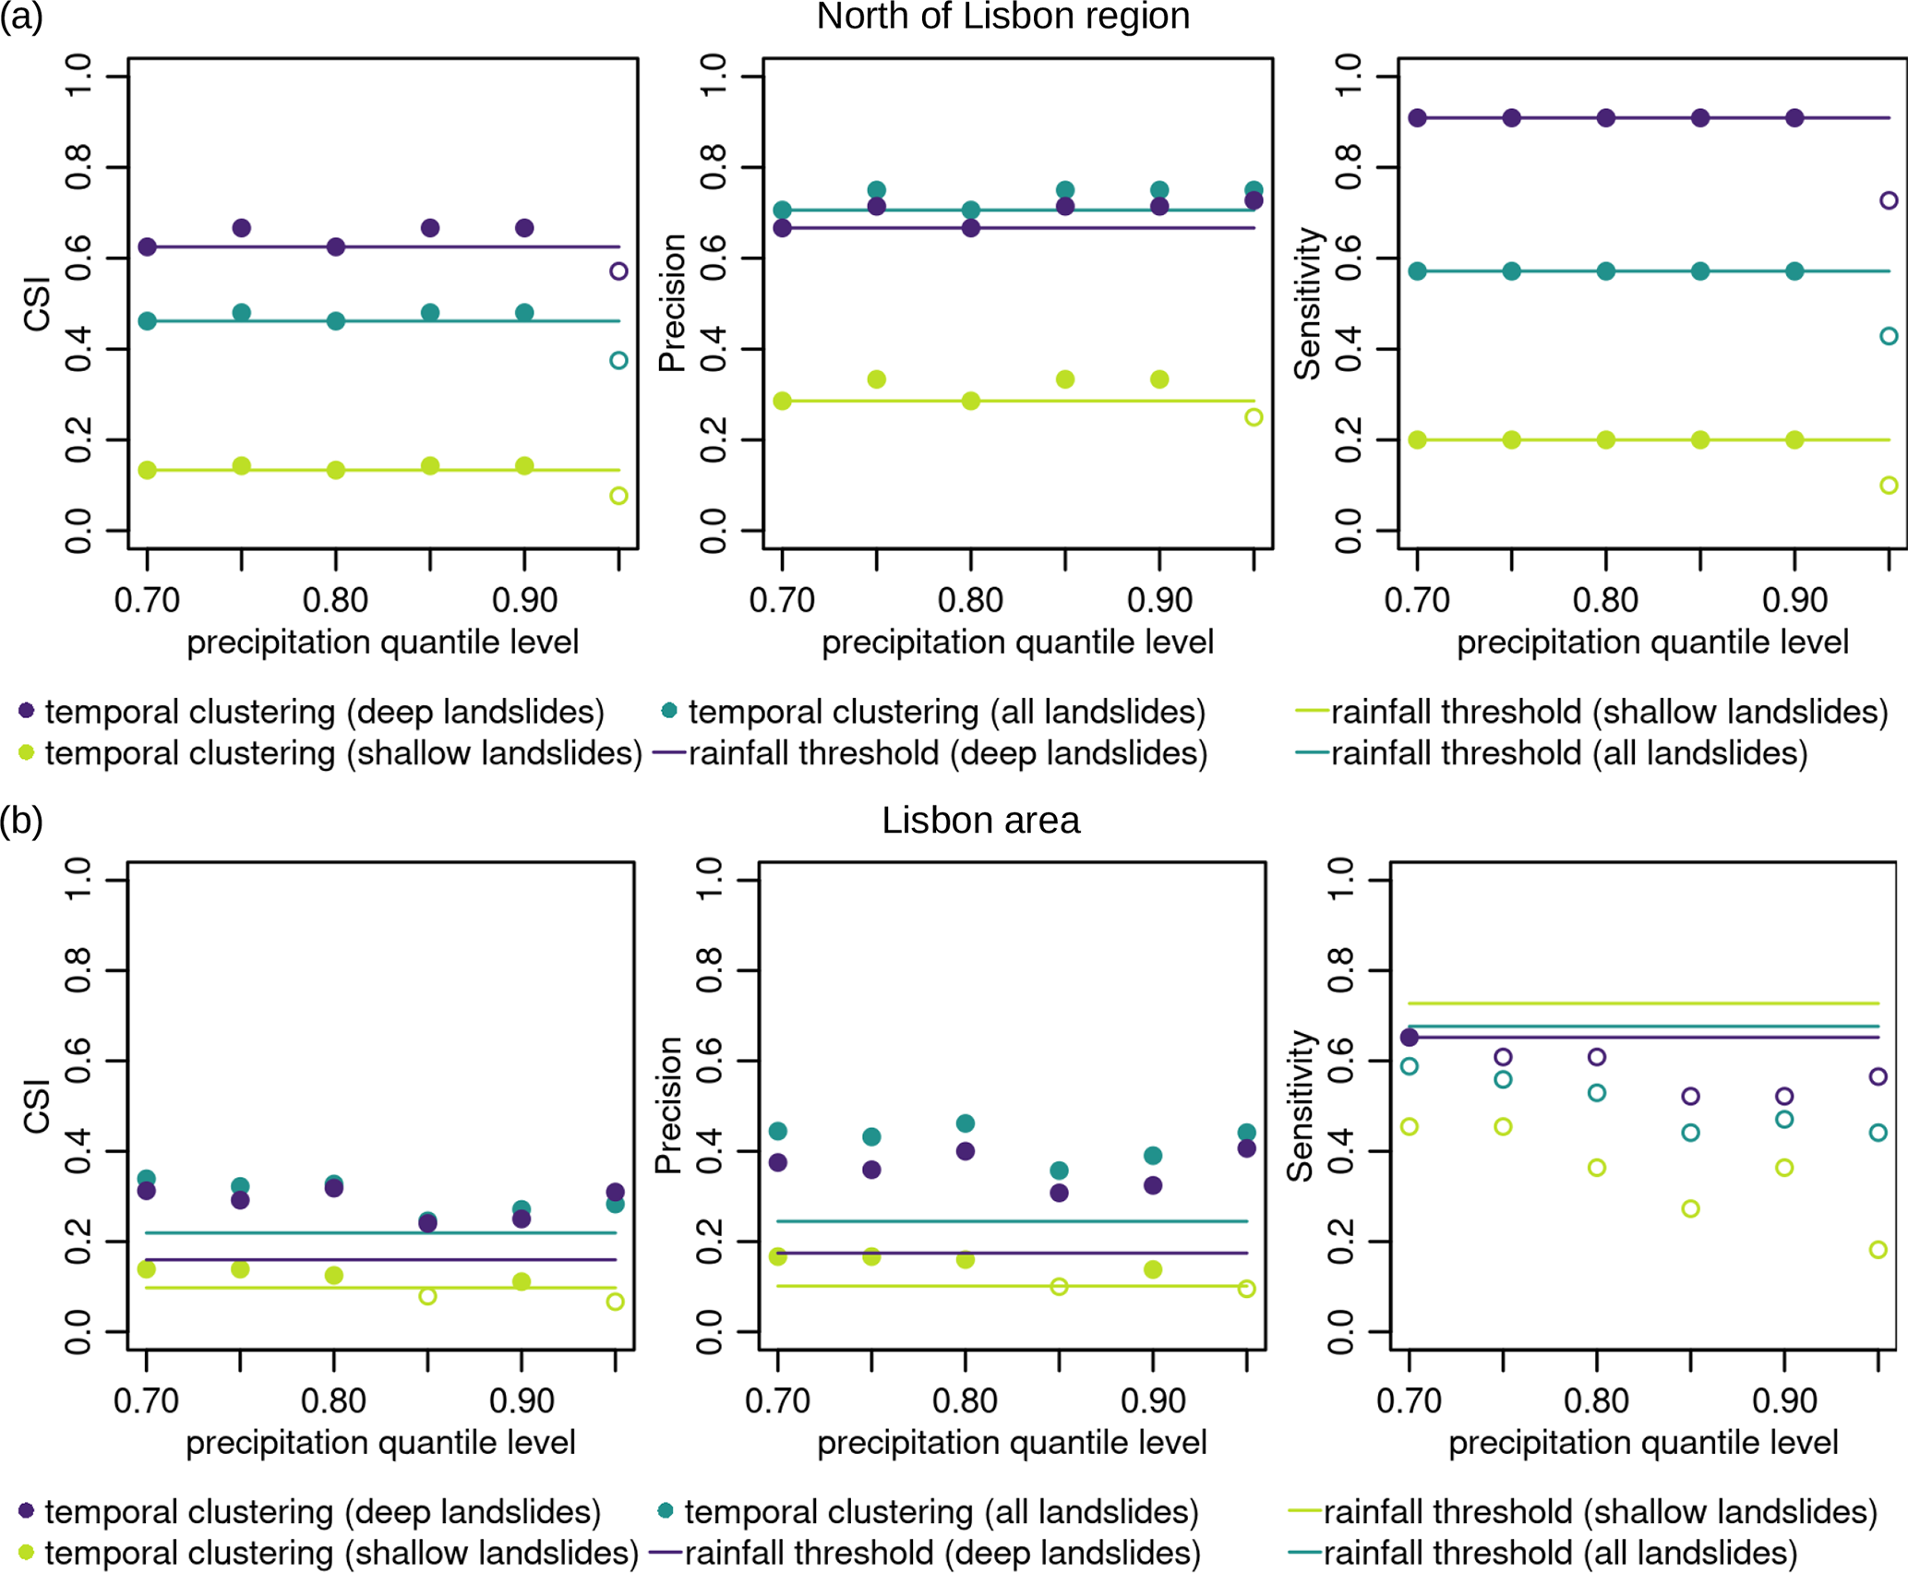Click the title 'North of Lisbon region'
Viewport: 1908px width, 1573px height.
click(x=1002, y=17)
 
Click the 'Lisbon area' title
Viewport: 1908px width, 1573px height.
click(x=980, y=821)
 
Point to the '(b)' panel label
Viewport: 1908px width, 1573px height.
click(x=21, y=821)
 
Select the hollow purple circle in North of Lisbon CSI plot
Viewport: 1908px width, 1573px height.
click(x=618, y=271)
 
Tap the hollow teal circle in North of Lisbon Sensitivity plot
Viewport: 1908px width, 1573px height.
click(x=1889, y=336)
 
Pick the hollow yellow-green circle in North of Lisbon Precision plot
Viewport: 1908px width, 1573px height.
click(x=1254, y=417)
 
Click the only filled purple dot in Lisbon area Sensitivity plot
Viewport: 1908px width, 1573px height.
click(x=1409, y=1038)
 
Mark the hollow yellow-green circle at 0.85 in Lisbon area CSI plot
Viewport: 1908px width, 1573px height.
click(x=427, y=1296)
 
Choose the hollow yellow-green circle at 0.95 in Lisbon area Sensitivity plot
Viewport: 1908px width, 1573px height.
click(x=1878, y=1249)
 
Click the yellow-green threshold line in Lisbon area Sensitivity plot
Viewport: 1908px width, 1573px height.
click(x=1643, y=1003)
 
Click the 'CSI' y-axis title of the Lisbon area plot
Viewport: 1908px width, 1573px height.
click(x=37, y=1105)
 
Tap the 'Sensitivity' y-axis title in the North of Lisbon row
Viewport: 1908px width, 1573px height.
click(x=1307, y=304)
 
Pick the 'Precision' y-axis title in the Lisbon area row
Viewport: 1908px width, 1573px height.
click(x=668, y=1105)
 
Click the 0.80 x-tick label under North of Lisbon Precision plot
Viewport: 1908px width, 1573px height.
click(x=970, y=601)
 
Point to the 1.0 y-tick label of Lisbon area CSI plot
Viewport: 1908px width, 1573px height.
click(x=78, y=881)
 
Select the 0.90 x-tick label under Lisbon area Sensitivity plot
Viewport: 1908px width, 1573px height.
click(x=1784, y=1401)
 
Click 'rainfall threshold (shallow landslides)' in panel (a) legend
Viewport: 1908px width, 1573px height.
click(x=1609, y=712)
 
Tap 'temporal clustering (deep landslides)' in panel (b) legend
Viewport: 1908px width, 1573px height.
click(x=322, y=1512)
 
